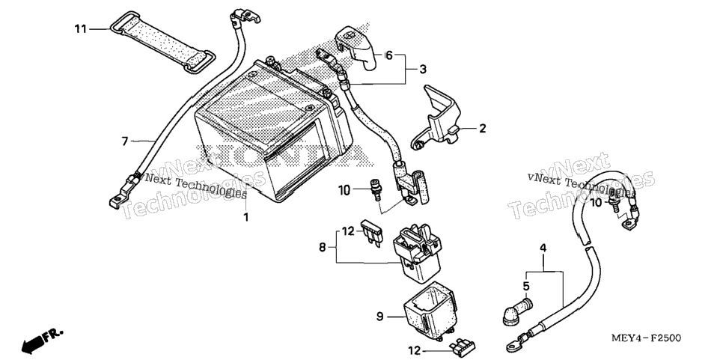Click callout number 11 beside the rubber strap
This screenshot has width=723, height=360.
pos(81,29)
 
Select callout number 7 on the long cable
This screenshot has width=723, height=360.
pos(124,141)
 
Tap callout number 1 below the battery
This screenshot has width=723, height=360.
pos(245,217)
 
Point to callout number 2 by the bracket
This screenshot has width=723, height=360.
pos(482,128)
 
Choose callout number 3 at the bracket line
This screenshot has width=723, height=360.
pos(423,70)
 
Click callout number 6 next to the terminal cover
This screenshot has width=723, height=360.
pos(389,56)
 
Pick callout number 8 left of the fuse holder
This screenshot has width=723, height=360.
pos(323,248)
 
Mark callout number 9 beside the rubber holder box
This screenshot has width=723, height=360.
pos(379,317)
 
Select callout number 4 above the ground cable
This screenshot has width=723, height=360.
pos(543,248)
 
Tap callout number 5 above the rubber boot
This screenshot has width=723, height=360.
pos(527,286)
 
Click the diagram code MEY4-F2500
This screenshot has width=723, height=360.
pos(645,339)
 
